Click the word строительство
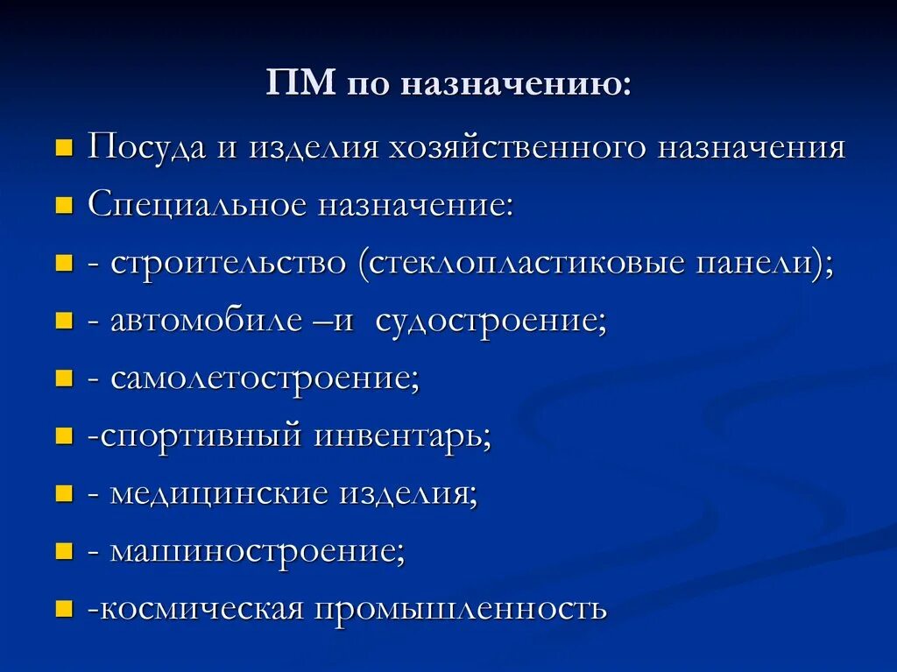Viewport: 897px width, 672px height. [x=228, y=264]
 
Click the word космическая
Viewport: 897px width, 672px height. [x=201, y=608]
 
